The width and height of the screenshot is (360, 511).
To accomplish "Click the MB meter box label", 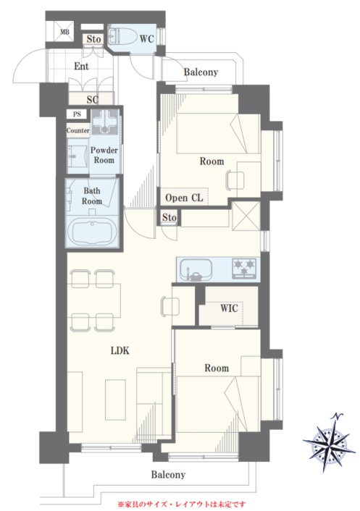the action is [x=64, y=33].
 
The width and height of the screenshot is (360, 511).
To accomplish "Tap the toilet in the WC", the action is [x=122, y=36].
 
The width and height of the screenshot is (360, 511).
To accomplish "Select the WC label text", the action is [x=146, y=39].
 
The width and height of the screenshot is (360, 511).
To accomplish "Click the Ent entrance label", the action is [x=81, y=67].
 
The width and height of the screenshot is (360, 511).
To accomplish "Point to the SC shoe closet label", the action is [x=93, y=99].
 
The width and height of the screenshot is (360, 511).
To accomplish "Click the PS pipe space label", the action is [x=77, y=114].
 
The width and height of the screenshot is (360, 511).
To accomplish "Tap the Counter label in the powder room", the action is [x=78, y=130].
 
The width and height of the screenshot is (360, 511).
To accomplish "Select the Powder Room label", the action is [x=104, y=155].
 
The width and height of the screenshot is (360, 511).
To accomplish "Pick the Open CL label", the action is [x=184, y=198].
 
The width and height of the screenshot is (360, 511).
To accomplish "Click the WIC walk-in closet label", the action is [x=229, y=308].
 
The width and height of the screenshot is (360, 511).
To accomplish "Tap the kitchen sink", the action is [x=196, y=270].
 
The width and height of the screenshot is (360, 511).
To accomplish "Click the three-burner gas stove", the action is [x=244, y=268].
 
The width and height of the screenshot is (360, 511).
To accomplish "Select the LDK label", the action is [x=120, y=350].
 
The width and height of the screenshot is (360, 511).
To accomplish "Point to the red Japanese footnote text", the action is [x=182, y=504].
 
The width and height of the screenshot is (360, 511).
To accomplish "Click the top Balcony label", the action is [x=201, y=72].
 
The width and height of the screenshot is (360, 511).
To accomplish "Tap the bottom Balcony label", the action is [x=168, y=475].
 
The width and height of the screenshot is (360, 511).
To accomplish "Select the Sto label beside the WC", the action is [x=93, y=39].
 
